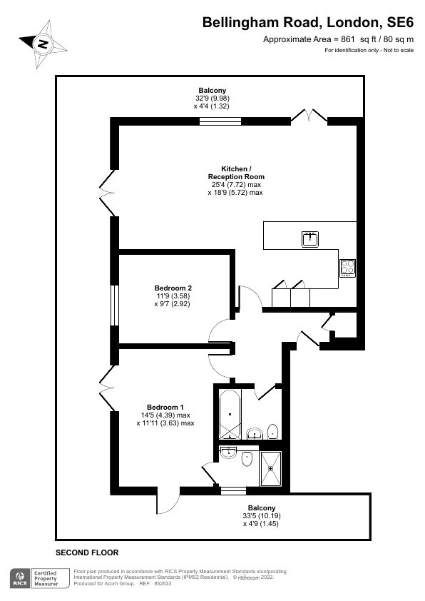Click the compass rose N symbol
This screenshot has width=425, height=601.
[x=43, y=44]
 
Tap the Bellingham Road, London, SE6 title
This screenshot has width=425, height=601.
[x=308, y=23]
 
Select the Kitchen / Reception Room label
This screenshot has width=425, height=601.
[x=236, y=173]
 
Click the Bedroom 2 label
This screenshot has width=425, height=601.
[x=173, y=288]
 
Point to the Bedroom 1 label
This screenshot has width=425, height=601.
[x=165, y=407]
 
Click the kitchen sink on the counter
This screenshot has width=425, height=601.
[x=309, y=239]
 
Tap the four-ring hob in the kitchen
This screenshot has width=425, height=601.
[x=348, y=268]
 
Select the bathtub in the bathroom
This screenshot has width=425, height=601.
[x=230, y=414]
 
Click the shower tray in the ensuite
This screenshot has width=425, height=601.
[x=271, y=469]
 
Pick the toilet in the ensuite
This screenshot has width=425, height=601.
[x=247, y=458]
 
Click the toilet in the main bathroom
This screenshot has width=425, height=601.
[x=272, y=432]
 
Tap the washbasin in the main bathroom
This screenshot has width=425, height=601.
[x=255, y=433]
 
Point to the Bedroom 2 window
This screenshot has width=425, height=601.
[x=115, y=305]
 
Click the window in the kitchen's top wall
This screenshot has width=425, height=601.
[x=220, y=121]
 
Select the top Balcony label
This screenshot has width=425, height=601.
[x=212, y=91]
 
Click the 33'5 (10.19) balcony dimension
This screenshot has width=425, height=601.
[x=262, y=516]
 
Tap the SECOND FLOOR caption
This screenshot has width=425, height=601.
[x=87, y=552]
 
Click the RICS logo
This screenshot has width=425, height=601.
[x=20, y=578]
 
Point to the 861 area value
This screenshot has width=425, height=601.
[x=348, y=39]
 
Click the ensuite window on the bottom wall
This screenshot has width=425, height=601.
[x=234, y=490]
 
